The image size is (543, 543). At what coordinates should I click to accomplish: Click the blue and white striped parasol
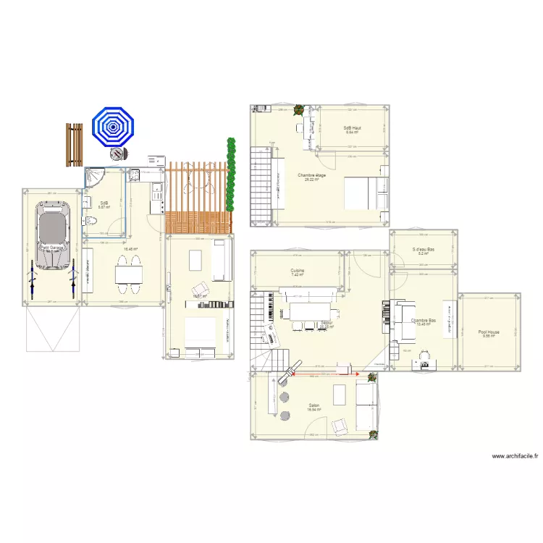[112, 127]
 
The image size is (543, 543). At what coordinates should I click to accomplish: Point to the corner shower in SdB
[94, 178]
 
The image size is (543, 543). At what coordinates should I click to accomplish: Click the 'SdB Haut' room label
[352, 128]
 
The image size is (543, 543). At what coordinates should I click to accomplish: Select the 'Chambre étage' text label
[312, 175]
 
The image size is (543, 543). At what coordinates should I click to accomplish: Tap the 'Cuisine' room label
[298, 271]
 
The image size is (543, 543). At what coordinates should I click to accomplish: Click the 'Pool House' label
[489, 332]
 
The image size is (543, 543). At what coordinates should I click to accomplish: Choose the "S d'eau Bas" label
[423, 250]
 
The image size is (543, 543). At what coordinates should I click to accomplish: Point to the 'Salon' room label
[313, 405]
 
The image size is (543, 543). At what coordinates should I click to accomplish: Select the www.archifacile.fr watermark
[515, 456]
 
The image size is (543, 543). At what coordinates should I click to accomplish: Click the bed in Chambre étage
[360, 193]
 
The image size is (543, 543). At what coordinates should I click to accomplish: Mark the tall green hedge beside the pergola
[231, 174]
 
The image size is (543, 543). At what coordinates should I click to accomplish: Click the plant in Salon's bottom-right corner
[374, 434]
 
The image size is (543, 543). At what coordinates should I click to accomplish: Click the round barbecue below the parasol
[117, 154]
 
